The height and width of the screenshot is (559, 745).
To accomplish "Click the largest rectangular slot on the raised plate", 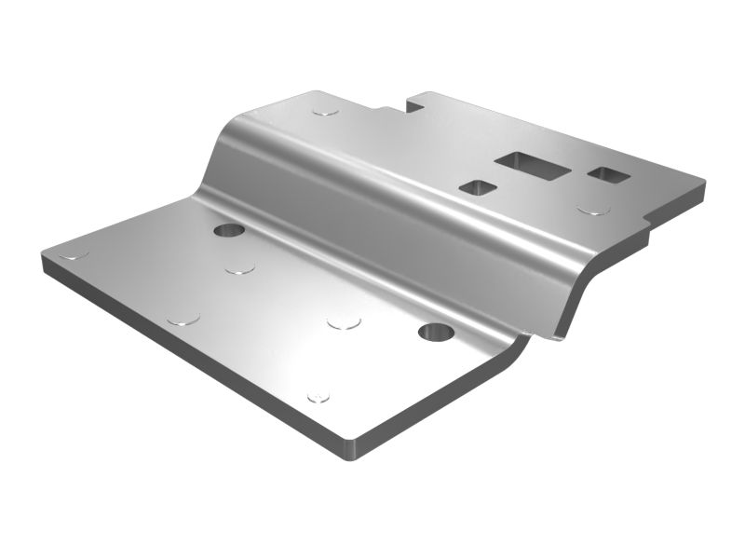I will [532, 164].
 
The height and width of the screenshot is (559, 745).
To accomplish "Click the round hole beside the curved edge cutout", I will [434, 332].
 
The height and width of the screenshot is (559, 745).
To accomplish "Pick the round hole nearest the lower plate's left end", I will [228, 229].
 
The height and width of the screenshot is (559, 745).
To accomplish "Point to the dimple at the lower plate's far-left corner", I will [73, 252].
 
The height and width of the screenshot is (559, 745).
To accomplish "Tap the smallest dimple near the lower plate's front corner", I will [318, 397].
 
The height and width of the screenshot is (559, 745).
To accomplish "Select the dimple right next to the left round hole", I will [239, 268].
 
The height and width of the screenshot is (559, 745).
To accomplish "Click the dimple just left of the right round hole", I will [344, 322].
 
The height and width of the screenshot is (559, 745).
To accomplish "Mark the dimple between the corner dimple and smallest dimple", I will [183, 319].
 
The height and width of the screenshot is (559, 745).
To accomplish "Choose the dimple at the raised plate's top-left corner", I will [325, 111].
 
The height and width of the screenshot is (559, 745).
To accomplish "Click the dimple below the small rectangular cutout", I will [593, 210].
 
